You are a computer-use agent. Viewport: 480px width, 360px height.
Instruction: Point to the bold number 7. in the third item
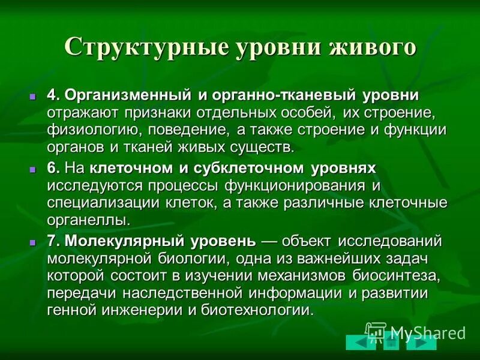[53, 241]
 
